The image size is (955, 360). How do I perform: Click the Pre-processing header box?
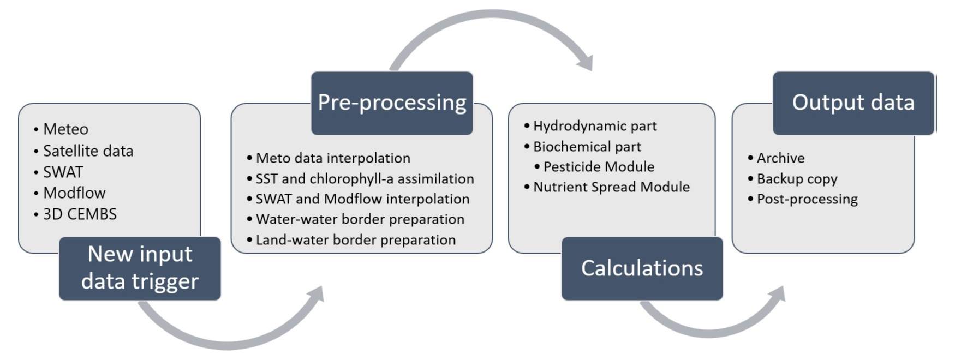[x=392, y=103]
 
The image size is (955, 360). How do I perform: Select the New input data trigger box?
[x=140, y=268]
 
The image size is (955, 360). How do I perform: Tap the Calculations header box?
[x=642, y=268]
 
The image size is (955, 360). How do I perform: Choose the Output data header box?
[x=853, y=103]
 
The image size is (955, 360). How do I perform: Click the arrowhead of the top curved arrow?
[x=585, y=62]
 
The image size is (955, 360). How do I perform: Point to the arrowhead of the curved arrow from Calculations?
[x=777, y=295]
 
